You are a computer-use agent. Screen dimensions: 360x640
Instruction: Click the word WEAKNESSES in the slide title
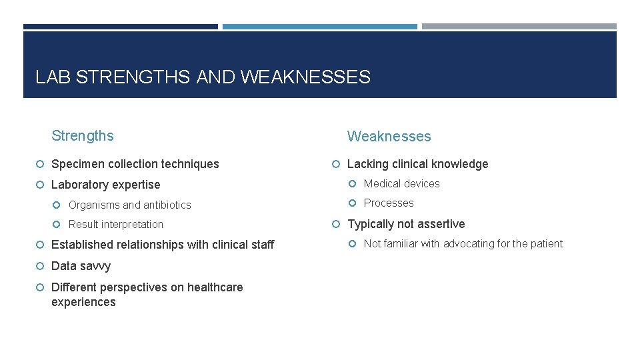click(x=305, y=77)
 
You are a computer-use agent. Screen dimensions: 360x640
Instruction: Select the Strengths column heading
click(x=83, y=136)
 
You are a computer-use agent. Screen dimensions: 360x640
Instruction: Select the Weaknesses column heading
click(x=389, y=137)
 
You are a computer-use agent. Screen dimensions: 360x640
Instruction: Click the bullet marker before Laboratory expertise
click(x=41, y=185)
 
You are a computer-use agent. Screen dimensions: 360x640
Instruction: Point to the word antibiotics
click(x=167, y=205)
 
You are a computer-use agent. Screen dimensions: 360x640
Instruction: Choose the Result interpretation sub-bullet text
click(x=116, y=225)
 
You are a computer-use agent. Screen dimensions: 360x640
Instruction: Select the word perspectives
click(x=137, y=287)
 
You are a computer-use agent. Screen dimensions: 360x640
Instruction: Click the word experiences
click(x=83, y=302)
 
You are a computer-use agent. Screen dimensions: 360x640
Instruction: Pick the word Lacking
click(x=368, y=164)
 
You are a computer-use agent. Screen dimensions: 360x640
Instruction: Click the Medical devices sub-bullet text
click(x=401, y=184)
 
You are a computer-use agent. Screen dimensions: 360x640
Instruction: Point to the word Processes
click(x=389, y=203)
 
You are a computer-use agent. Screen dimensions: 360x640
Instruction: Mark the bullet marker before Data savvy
click(x=41, y=266)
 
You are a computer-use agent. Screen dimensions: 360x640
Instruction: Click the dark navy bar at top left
click(x=120, y=27)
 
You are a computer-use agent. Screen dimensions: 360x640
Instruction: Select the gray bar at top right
click(x=519, y=27)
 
